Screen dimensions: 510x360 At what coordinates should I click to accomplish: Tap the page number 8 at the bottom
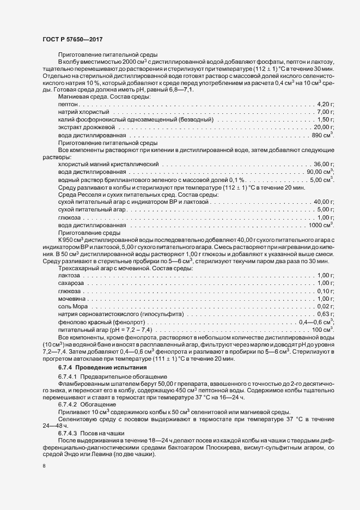tap(44, 466)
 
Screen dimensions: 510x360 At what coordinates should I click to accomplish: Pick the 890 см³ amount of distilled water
tap(322, 134)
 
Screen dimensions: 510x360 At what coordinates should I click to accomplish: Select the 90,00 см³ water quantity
tap(320, 172)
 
